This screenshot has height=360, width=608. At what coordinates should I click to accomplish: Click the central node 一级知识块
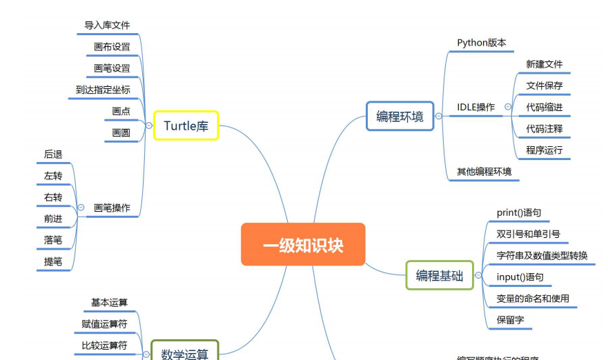coord(303,244)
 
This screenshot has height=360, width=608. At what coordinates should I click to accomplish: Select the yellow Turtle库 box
coord(186,126)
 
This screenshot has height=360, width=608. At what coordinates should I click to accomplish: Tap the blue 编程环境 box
coord(400,116)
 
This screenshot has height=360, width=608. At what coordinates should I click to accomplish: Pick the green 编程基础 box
coord(439,275)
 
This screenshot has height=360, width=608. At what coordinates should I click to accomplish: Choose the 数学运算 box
coord(184,353)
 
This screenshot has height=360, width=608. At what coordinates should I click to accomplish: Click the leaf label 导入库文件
coord(107,26)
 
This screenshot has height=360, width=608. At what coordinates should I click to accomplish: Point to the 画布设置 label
coord(112,47)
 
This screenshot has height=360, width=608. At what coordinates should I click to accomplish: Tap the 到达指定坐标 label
coord(103,90)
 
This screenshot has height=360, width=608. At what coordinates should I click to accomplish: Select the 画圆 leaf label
coord(121,132)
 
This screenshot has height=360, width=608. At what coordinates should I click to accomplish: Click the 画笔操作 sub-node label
coord(112,208)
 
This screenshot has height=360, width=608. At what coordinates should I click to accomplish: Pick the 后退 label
coord(53,154)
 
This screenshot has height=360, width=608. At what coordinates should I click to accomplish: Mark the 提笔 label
coord(53,261)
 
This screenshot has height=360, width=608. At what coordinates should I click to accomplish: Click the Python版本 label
coord(481,43)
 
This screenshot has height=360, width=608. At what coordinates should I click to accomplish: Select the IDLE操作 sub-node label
coord(475,107)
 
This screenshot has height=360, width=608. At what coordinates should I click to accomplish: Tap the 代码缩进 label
coord(544,107)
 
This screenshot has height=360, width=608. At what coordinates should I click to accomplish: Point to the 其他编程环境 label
coord(484,171)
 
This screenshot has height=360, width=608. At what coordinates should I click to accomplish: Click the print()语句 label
coord(518,212)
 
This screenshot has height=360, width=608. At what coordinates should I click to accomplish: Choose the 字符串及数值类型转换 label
coord(542,255)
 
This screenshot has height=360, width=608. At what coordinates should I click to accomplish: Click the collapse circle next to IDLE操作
coord(508,107)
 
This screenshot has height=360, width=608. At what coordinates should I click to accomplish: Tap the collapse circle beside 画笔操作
coord(81,207)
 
